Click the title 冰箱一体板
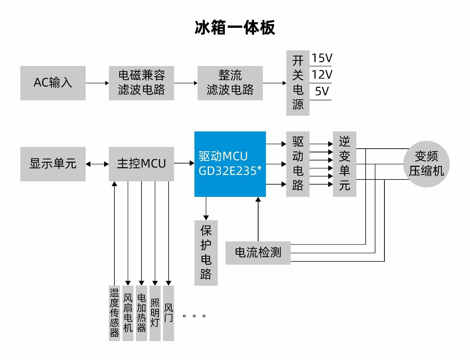coord(235,28)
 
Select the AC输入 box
coord(53,83)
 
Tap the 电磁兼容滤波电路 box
coord(141,83)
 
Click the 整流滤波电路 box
coord(230,83)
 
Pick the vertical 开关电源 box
coord(298,83)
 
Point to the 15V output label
coord(321,58)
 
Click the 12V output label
coord(321,75)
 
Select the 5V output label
coord(321,91)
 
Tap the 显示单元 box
coord(53,164)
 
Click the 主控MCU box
coord(141,164)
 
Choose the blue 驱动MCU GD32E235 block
coord(230,164)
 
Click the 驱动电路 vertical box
coord(298,164)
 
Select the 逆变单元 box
coord(344,164)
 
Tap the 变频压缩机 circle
coord(426,164)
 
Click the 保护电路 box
coord(206,253)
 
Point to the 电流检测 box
coord(258,253)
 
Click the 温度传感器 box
coord(114,313)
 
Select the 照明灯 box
coord(155,313)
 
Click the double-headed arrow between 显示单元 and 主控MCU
coord(97,164)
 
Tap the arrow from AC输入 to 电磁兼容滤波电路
coord(97,83)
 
